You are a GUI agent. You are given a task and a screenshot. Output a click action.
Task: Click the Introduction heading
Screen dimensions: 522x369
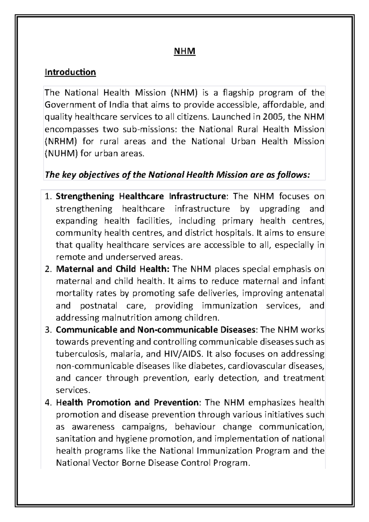coord(70,72)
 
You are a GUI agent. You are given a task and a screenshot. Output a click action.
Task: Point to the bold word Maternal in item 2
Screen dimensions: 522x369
coord(74,269)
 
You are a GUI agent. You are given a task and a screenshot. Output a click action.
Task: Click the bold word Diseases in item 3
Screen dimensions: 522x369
coord(238,330)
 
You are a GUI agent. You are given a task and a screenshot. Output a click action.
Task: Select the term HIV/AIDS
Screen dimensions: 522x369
coord(182,354)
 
